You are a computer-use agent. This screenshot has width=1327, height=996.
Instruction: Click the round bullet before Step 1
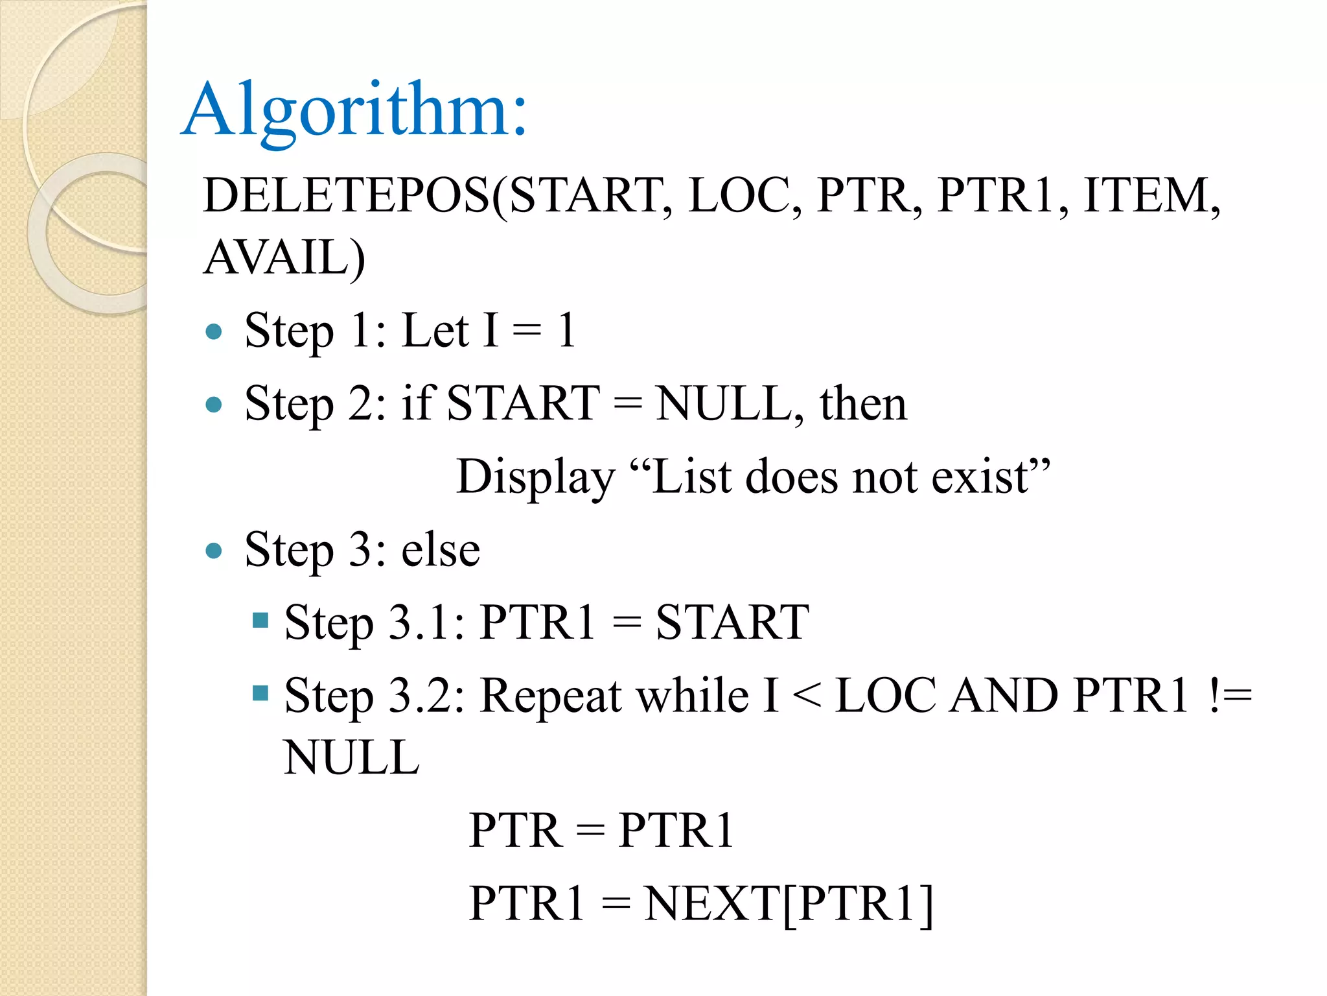point(213,333)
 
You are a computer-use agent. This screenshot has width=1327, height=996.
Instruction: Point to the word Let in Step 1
point(435,331)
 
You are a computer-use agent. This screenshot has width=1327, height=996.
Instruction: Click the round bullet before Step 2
point(213,405)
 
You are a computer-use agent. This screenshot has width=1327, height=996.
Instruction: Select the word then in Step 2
point(863,404)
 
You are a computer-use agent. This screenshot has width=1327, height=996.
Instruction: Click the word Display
point(535,477)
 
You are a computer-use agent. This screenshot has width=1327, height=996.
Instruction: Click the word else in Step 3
point(441,550)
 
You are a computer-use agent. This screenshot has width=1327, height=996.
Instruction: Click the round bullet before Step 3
point(213,551)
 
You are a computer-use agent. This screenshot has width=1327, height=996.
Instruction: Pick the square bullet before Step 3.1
point(260,621)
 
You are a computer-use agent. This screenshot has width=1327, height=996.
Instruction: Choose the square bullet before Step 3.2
point(260,693)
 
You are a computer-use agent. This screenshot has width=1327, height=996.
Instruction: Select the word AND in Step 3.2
point(1003,696)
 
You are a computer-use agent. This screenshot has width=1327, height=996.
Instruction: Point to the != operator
point(1229,696)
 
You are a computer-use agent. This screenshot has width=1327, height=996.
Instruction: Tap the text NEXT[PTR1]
point(789,903)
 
